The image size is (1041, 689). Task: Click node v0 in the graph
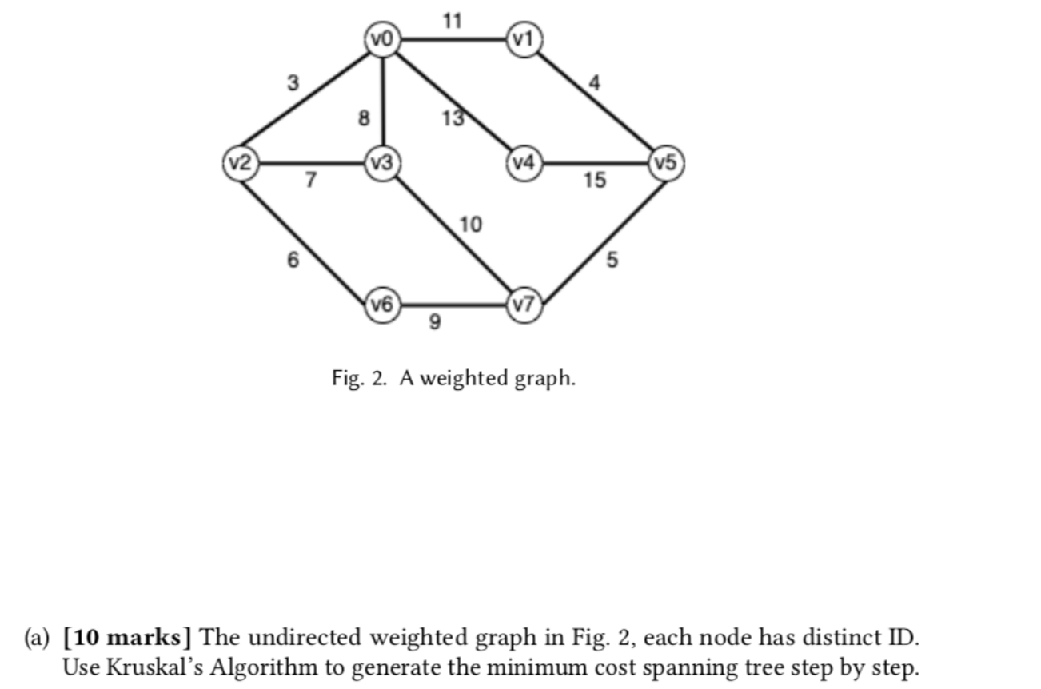[383, 38]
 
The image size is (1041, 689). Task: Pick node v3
[383, 163]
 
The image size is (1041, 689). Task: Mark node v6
[383, 305]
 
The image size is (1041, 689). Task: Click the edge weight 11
[452, 21]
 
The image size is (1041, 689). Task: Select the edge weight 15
[594, 181]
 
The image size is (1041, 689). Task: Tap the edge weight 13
[453, 118]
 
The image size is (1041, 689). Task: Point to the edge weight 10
[471, 225]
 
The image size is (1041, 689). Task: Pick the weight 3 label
[294, 82]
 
